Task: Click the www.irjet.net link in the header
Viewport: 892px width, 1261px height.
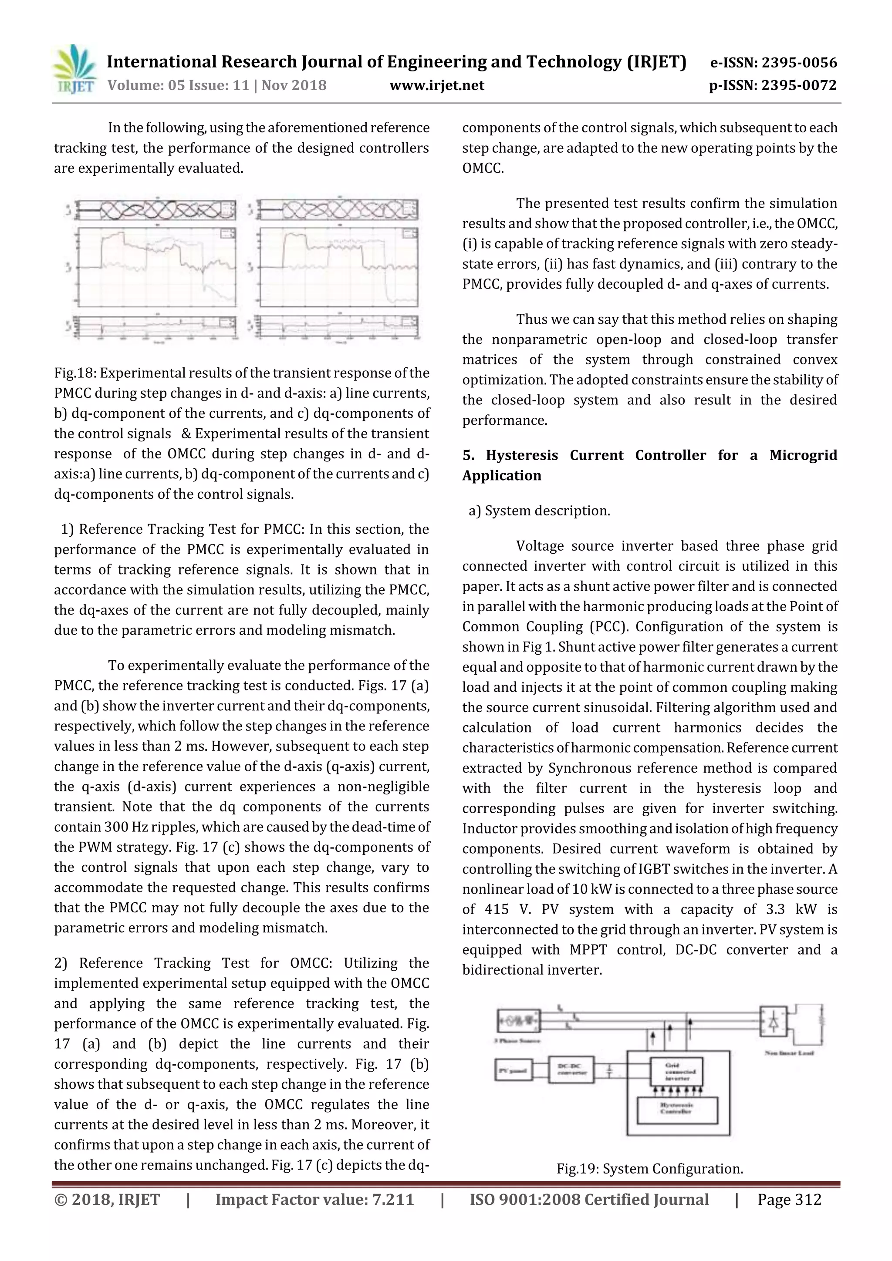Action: pos(436,86)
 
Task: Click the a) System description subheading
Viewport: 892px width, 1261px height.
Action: pos(539,511)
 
